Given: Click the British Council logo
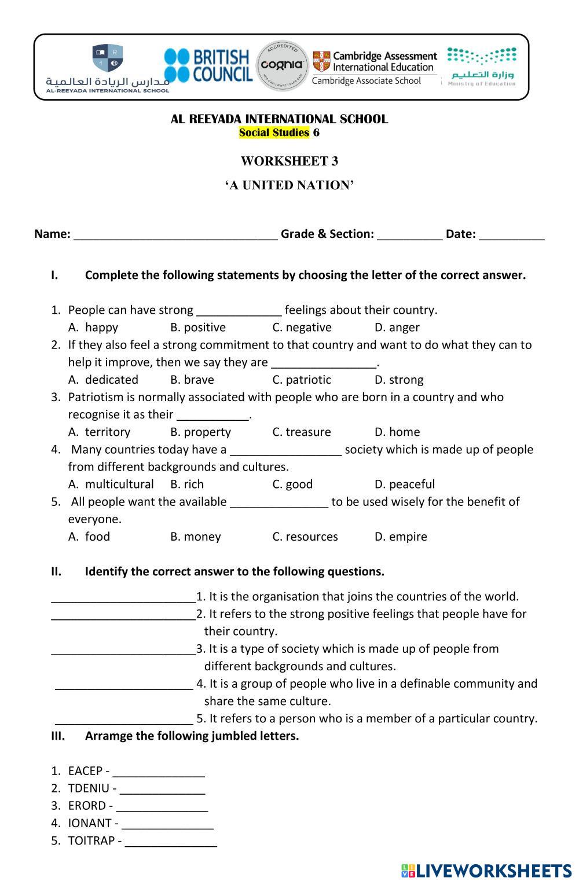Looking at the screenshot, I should pyautogui.click(x=208, y=66).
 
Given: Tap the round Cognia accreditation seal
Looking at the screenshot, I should pyautogui.click(x=282, y=65).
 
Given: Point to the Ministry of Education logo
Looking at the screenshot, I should pyautogui.click(x=482, y=67).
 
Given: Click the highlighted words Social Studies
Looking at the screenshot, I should pyautogui.click(x=274, y=133).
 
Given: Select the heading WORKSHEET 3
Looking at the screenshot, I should pyautogui.click(x=289, y=161).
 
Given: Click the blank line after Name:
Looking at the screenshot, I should pyautogui.click(x=175, y=235).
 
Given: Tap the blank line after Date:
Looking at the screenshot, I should pyautogui.click(x=512, y=235).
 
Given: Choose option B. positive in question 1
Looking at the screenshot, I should pyautogui.click(x=198, y=328).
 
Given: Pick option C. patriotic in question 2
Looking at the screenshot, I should pyautogui.click(x=302, y=380).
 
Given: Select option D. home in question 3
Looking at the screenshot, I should pyautogui.click(x=397, y=432).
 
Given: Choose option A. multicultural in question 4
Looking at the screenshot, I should pyautogui.click(x=111, y=484).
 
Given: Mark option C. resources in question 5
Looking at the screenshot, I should pyautogui.click(x=305, y=537).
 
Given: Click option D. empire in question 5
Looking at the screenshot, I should pyautogui.click(x=401, y=537).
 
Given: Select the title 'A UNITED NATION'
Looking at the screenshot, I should pyautogui.click(x=289, y=185).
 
